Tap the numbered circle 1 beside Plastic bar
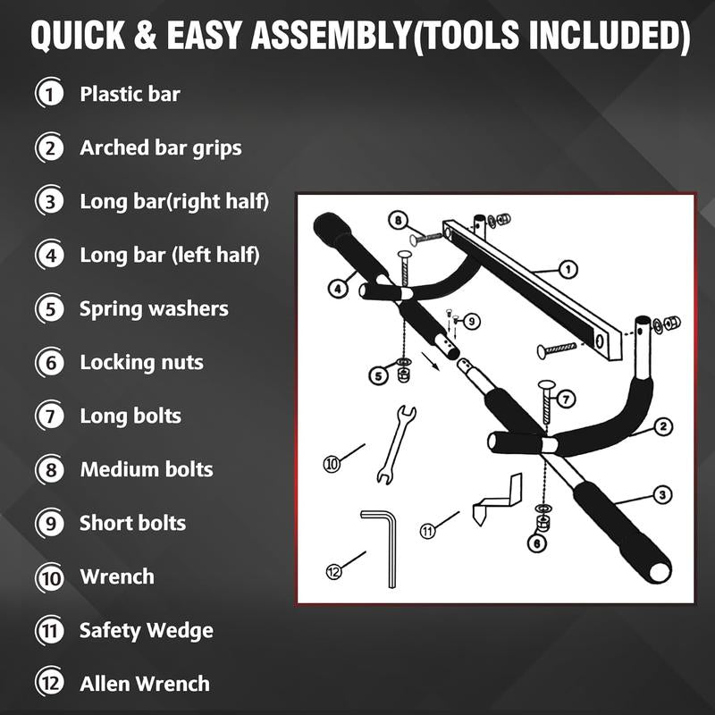[x=50, y=94]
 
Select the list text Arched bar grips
[x=161, y=147]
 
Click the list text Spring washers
[x=154, y=308]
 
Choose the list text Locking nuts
[x=141, y=362]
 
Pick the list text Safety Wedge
[x=147, y=630]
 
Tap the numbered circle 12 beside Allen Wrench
[x=50, y=684]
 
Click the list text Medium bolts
[x=147, y=469]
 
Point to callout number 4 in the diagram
[x=337, y=289]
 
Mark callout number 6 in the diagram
[x=536, y=543]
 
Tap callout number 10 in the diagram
[x=332, y=463]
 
